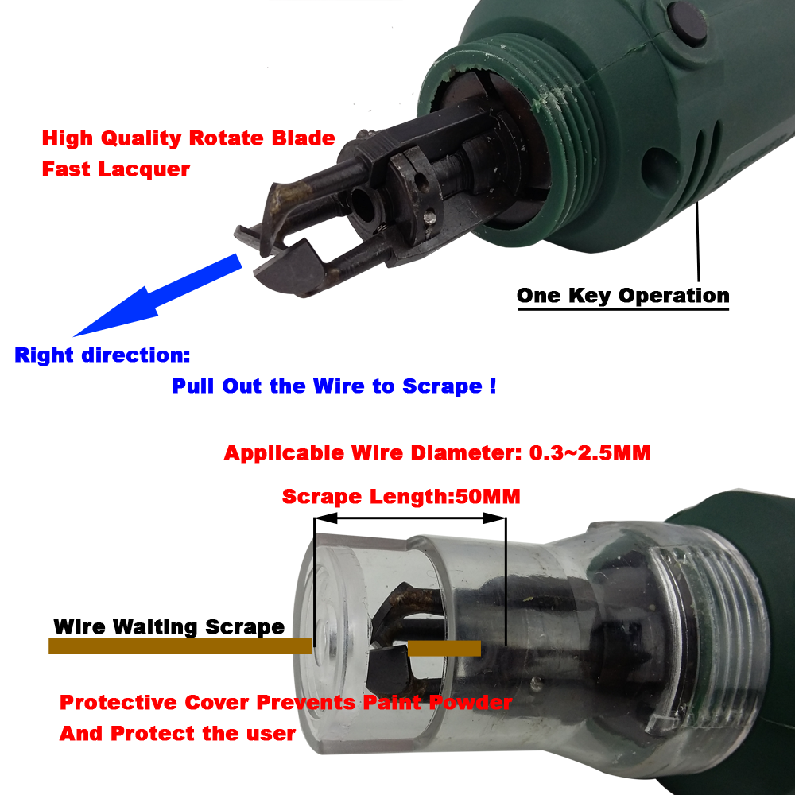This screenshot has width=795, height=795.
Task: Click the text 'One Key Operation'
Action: [622, 296]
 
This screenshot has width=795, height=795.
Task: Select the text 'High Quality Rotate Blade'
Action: [188, 138]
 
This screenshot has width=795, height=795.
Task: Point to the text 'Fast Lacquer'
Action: [116, 169]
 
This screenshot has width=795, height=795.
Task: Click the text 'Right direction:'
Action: [102, 355]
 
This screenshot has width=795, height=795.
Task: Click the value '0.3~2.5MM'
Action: [590, 453]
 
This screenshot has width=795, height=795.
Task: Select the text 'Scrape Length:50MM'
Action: [401, 497]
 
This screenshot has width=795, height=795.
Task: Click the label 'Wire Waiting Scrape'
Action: [169, 626]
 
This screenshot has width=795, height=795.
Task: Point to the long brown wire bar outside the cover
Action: [180, 647]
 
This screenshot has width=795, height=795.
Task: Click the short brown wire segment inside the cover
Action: [444, 648]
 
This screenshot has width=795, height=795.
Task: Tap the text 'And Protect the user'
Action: [177, 733]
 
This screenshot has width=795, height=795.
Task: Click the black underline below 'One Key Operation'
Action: [622, 309]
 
